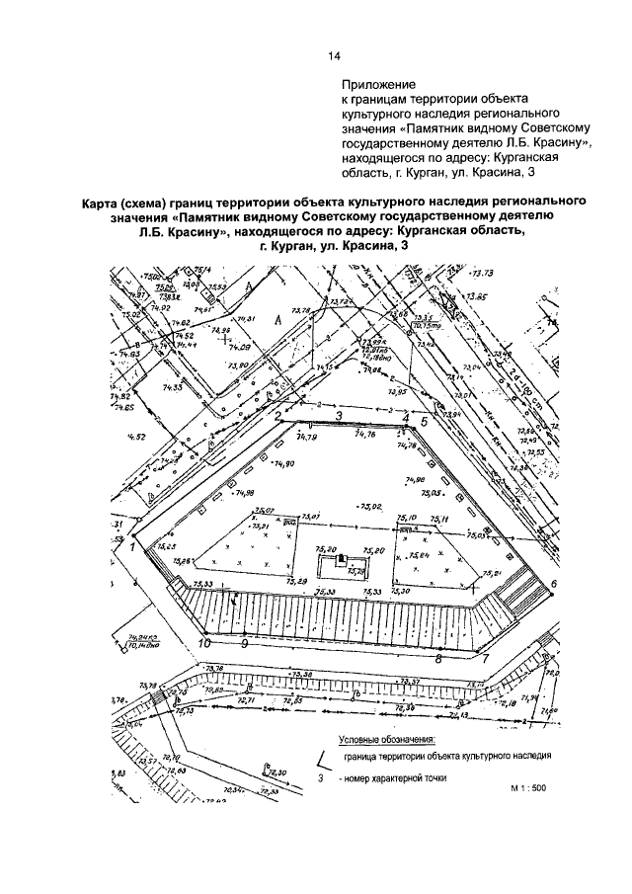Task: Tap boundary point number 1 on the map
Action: click(130, 543)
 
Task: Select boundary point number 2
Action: click(279, 417)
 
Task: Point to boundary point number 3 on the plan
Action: click(338, 418)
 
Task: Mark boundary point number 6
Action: click(554, 584)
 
